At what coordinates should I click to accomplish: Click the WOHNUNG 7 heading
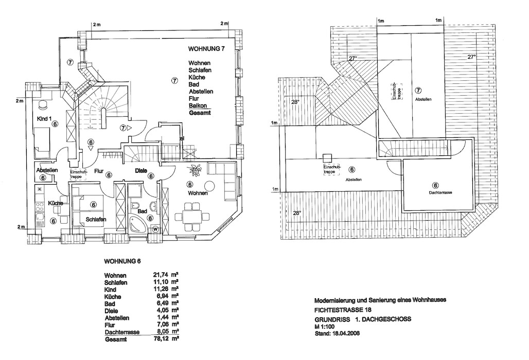click(x=207, y=49)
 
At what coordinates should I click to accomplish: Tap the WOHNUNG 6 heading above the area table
click(x=122, y=261)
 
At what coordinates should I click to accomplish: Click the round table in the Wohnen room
click(x=209, y=186)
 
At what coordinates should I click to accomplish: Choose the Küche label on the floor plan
click(x=56, y=204)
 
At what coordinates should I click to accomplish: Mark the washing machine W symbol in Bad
click(x=155, y=230)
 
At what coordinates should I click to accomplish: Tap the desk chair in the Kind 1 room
click(x=43, y=104)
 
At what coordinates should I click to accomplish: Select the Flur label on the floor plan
click(x=99, y=170)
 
